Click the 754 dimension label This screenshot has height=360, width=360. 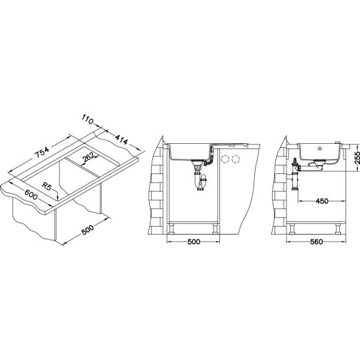click(x=42, y=152)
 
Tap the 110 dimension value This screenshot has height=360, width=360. click(x=87, y=120)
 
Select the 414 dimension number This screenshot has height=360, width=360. click(x=121, y=140)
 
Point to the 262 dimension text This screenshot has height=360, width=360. click(x=89, y=157)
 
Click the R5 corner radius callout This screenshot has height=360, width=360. click(x=47, y=187)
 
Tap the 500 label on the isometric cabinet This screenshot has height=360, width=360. click(x=87, y=229)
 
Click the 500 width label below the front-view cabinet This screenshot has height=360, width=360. click(x=194, y=242)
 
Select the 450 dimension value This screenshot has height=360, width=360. click(x=322, y=201)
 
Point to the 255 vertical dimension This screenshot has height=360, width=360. click(x=357, y=158)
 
